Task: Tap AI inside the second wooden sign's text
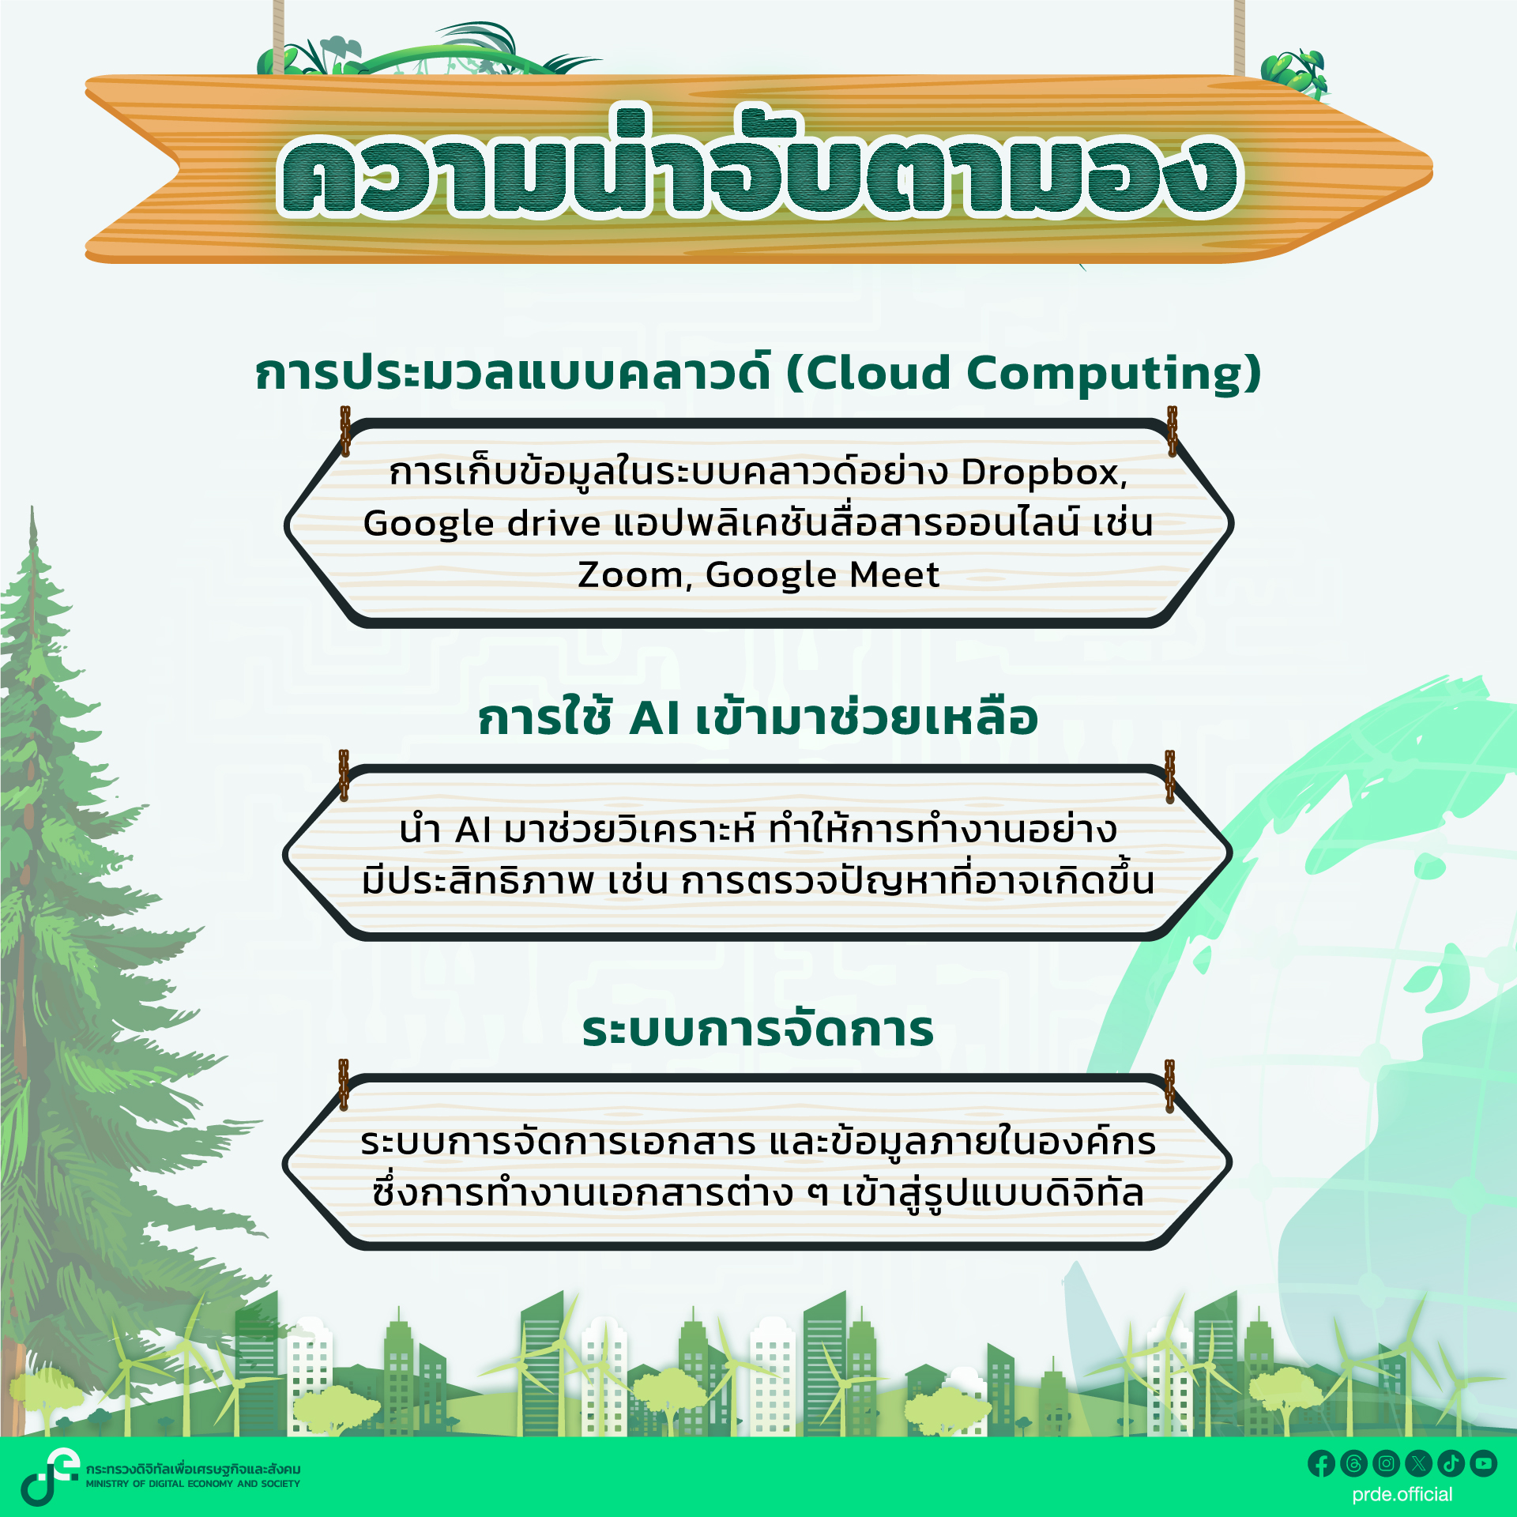[x=473, y=830]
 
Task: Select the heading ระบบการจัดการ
[x=758, y=1030]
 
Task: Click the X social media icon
[x=1419, y=1463]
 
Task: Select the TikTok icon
[x=1451, y=1463]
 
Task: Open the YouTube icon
[x=1484, y=1463]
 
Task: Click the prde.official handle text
[x=1402, y=1494]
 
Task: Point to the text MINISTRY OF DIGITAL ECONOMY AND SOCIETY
[x=194, y=1484]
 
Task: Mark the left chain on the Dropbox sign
[x=345, y=431]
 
